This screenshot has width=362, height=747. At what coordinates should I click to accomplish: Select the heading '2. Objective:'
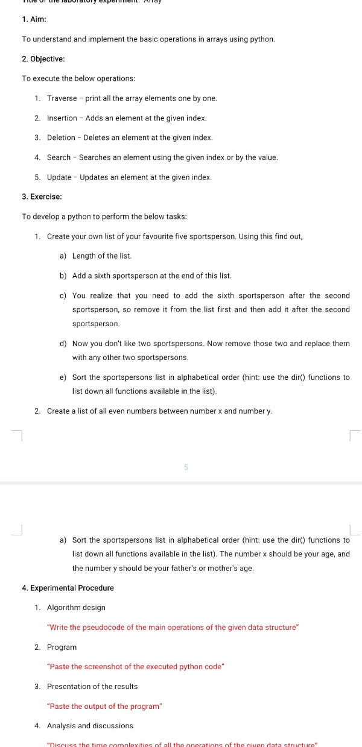43,59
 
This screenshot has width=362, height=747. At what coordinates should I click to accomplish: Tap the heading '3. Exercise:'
42,197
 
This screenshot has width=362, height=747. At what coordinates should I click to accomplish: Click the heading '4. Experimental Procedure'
68,588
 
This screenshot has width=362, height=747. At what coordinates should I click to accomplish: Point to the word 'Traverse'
62,98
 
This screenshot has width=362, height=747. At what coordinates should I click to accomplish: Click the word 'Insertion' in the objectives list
62,118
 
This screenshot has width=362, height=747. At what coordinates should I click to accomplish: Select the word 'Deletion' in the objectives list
62,138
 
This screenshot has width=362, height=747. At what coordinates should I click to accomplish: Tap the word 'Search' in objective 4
59,157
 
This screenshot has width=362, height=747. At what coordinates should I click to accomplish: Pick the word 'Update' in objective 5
59,177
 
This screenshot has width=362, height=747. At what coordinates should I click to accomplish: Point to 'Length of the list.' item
102,256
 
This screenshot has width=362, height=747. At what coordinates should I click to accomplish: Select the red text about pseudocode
173,628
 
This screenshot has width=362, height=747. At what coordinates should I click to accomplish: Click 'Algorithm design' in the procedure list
76,608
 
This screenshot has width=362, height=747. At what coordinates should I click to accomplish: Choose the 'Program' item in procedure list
62,647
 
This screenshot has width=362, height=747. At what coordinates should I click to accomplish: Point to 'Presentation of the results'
92,687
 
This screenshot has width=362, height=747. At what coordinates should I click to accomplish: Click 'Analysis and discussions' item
91,726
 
